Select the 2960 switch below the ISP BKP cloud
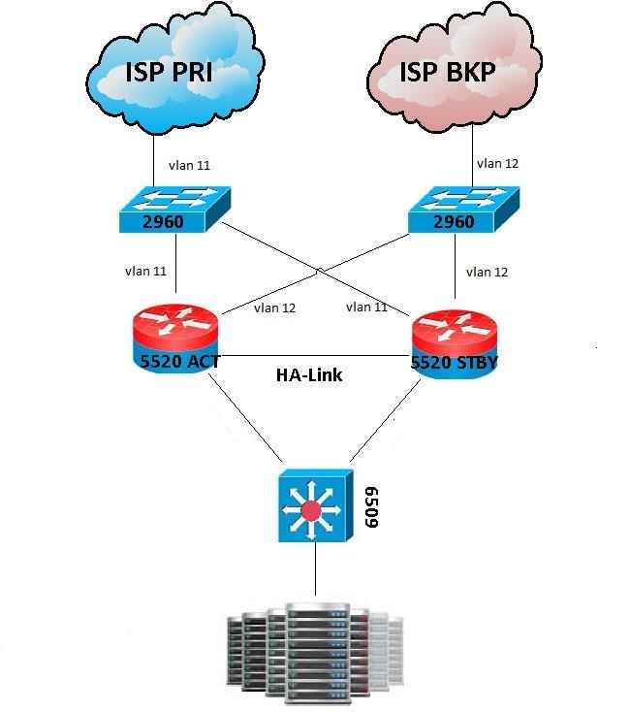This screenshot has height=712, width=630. pyautogui.click(x=456, y=211)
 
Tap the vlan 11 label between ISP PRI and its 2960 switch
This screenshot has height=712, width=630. pyautogui.click(x=190, y=166)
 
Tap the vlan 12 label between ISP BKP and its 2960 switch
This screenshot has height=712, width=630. pyautogui.click(x=498, y=163)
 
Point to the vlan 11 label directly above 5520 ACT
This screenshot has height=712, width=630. pyautogui.click(x=144, y=271)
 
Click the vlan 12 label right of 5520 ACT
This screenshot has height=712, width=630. pyautogui.click(x=273, y=307)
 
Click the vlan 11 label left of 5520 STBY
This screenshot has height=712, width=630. pyautogui.click(x=366, y=307)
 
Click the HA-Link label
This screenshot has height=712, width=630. pyautogui.click(x=307, y=372)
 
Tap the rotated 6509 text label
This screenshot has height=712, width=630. pyautogui.click(x=370, y=507)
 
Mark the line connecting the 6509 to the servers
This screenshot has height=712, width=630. pyautogui.click(x=315, y=573)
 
